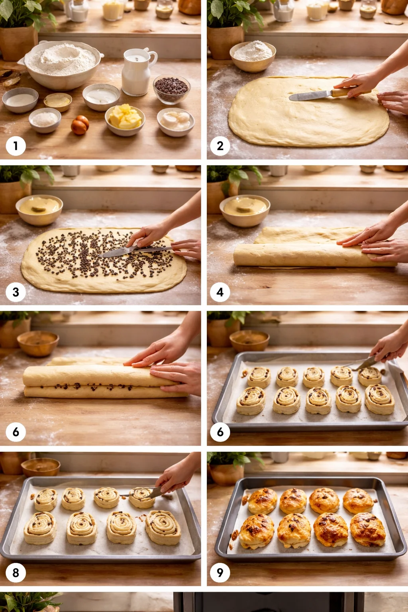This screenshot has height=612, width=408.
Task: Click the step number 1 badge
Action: point(16,146)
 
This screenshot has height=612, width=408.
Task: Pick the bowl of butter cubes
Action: point(125,119)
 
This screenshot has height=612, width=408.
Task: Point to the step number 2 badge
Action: point(220,146)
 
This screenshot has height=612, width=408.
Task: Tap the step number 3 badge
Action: point(16,292)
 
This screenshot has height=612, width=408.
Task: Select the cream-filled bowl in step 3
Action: point(39,209)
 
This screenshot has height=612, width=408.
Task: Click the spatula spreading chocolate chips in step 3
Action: point(120,252)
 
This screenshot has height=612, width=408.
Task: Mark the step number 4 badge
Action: point(220,292)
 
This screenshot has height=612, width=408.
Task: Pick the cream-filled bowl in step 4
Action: point(245,210)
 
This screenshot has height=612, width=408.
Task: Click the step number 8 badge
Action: point(16,573)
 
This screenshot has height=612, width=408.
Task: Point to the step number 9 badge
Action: point(220,573)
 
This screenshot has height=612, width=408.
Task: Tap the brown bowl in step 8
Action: point(41,467)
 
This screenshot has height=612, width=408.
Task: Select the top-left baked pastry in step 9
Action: point(263,501)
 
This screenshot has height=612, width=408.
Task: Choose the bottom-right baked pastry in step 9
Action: point(367,529)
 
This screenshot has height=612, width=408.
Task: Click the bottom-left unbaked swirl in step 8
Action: point(40,528)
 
